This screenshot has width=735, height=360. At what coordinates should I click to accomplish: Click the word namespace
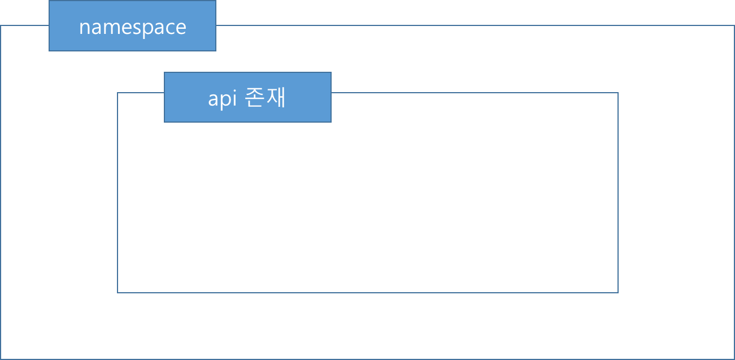pos(133,27)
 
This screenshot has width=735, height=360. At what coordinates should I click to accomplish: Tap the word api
pos(221,99)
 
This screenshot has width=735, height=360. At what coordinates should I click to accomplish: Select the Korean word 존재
pos(266,98)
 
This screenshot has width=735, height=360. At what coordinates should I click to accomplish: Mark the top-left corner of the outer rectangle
pos(1,25)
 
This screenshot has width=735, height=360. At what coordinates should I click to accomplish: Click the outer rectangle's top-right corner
pos(734,25)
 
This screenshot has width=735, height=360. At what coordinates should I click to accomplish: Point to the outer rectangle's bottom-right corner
pos(734,359)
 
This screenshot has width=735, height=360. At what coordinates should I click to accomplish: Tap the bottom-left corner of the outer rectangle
pos(1,359)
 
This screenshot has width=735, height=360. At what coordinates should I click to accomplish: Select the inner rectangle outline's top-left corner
pos(118,93)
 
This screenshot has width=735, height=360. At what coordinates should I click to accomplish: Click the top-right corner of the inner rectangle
pos(618,93)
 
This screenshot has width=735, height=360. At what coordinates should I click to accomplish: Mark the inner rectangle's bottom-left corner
pos(118,293)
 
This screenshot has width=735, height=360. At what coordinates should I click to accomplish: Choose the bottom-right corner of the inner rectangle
pos(618,293)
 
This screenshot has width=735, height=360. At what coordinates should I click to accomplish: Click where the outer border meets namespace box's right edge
pos(216,25)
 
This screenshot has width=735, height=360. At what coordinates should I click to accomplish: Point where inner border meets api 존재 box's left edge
pos(164,93)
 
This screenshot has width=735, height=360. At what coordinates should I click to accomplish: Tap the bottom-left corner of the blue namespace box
pos(49,51)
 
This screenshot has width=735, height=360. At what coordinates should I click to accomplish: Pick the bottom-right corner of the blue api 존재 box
pos(331,122)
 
